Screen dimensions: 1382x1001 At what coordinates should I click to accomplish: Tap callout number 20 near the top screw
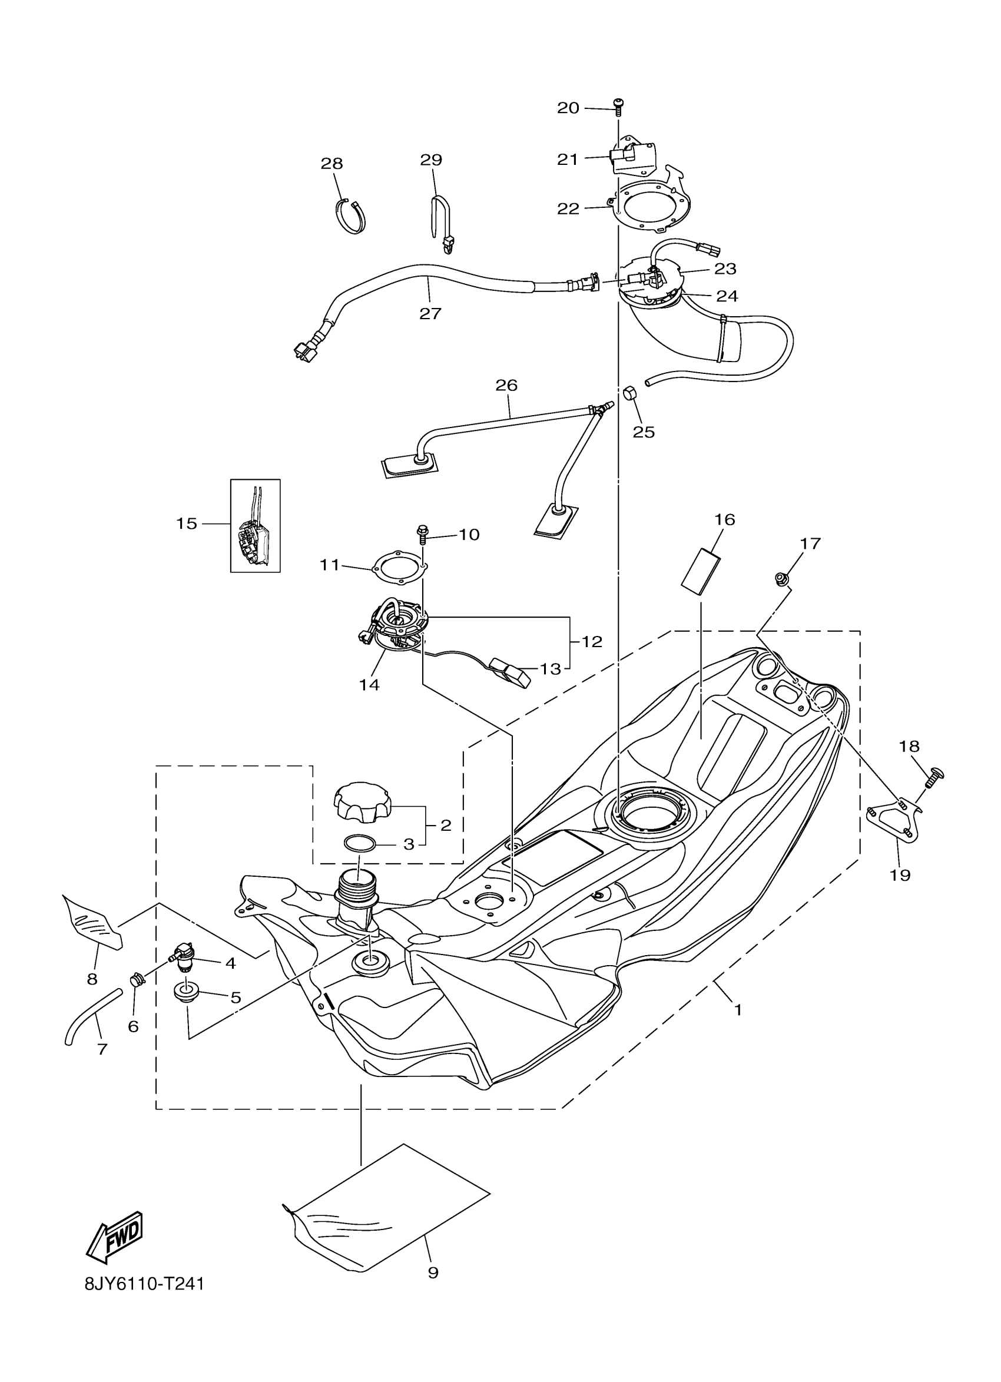pos(568,108)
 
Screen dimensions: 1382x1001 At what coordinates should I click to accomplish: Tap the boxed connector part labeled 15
pos(256,526)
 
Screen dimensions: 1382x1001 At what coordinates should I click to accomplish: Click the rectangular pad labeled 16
pos(700,571)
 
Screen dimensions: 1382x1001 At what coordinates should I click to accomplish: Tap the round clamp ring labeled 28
pos(352,216)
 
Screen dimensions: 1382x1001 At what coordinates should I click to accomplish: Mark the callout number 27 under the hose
pos(430,314)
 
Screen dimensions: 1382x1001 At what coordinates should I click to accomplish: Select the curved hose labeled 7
pos(91,1015)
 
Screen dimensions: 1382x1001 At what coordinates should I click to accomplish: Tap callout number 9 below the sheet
pos(433,1272)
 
